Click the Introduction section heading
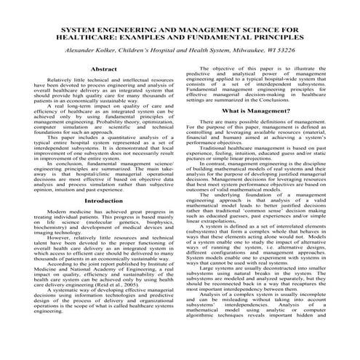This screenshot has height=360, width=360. (x=103, y=200)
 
